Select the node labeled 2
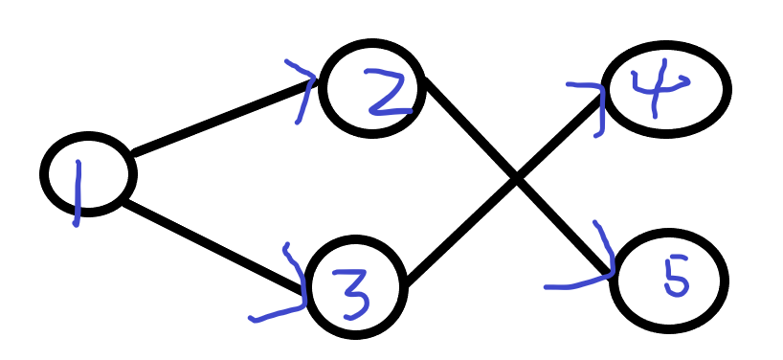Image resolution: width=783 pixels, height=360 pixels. (372, 87)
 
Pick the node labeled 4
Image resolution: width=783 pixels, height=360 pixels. (666, 88)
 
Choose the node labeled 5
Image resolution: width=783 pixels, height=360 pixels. (669, 280)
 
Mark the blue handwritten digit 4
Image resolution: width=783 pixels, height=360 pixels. (651, 91)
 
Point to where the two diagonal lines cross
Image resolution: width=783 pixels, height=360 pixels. (515, 178)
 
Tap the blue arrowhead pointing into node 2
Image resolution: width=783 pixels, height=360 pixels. (304, 88)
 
